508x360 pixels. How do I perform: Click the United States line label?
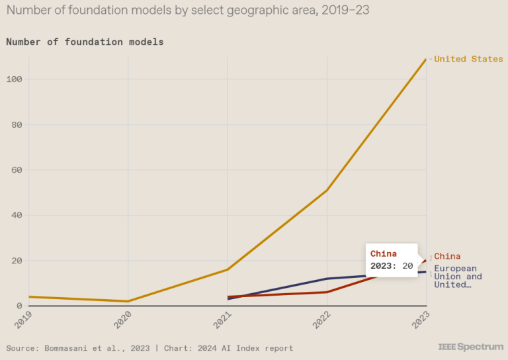pyautogui.click(x=468, y=59)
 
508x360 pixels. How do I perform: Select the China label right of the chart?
pyautogui.click(x=447, y=256)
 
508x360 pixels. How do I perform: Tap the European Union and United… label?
pyautogui.click(x=458, y=277)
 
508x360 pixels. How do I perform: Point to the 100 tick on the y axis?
pyautogui.click(x=15, y=79)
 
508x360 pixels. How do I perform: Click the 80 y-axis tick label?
pyautogui.click(x=17, y=124)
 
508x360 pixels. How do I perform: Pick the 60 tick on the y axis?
pyautogui.click(x=17, y=170)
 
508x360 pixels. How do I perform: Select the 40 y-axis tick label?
pyautogui.click(x=17, y=215)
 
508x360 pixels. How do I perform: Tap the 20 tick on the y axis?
pyautogui.click(x=17, y=261)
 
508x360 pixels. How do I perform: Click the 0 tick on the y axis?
pyautogui.click(x=20, y=306)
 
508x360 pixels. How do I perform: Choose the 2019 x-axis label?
pyautogui.click(x=24, y=320)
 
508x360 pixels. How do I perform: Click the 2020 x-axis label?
pyautogui.click(x=123, y=320)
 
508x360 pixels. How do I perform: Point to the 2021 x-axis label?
pyautogui.click(x=222, y=320)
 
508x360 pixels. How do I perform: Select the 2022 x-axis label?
pyautogui.click(x=321, y=320)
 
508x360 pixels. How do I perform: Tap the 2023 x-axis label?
pyautogui.click(x=421, y=320)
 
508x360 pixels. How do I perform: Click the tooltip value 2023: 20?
pyautogui.click(x=392, y=266)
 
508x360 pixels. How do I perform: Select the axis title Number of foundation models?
pyautogui.click(x=85, y=42)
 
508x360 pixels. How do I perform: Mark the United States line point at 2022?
pyautogui.click(x=327, y=191)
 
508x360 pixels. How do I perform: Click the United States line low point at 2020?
pyautogui.click(x=128, y=301)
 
